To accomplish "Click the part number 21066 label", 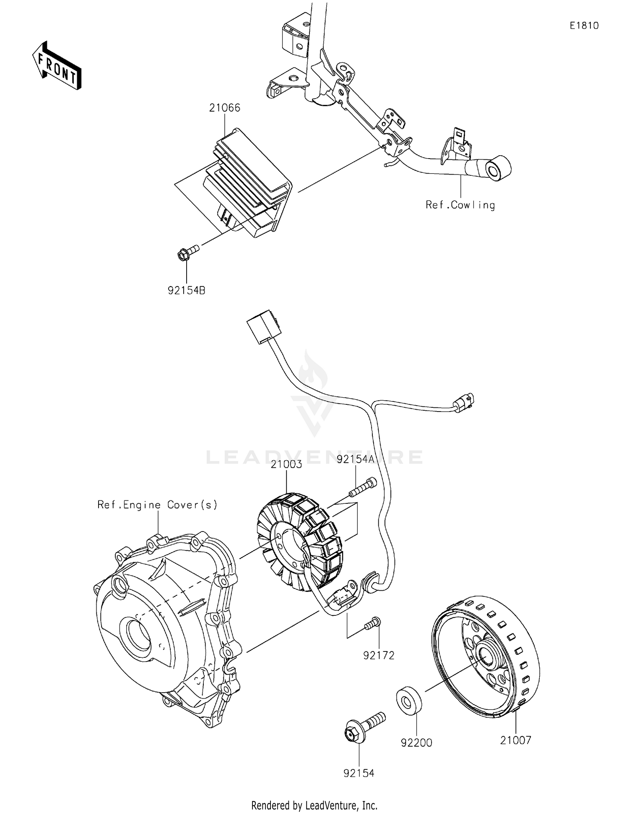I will (x=225, y=108).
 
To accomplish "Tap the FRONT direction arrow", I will (x=57, y=66).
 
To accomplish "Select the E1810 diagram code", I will (x=584, y=26).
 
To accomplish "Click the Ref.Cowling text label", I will (x=460, y=205).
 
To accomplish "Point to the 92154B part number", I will (x=187, y=290).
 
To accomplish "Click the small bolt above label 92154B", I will (x=187, y=253).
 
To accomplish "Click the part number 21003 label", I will (x=286, y=464).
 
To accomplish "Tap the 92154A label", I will (x=355, y=459).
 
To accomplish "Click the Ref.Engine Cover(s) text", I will (x=158, y=505).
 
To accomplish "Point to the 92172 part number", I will (x=379, y=655).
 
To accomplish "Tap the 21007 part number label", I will (x=515, y=740).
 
